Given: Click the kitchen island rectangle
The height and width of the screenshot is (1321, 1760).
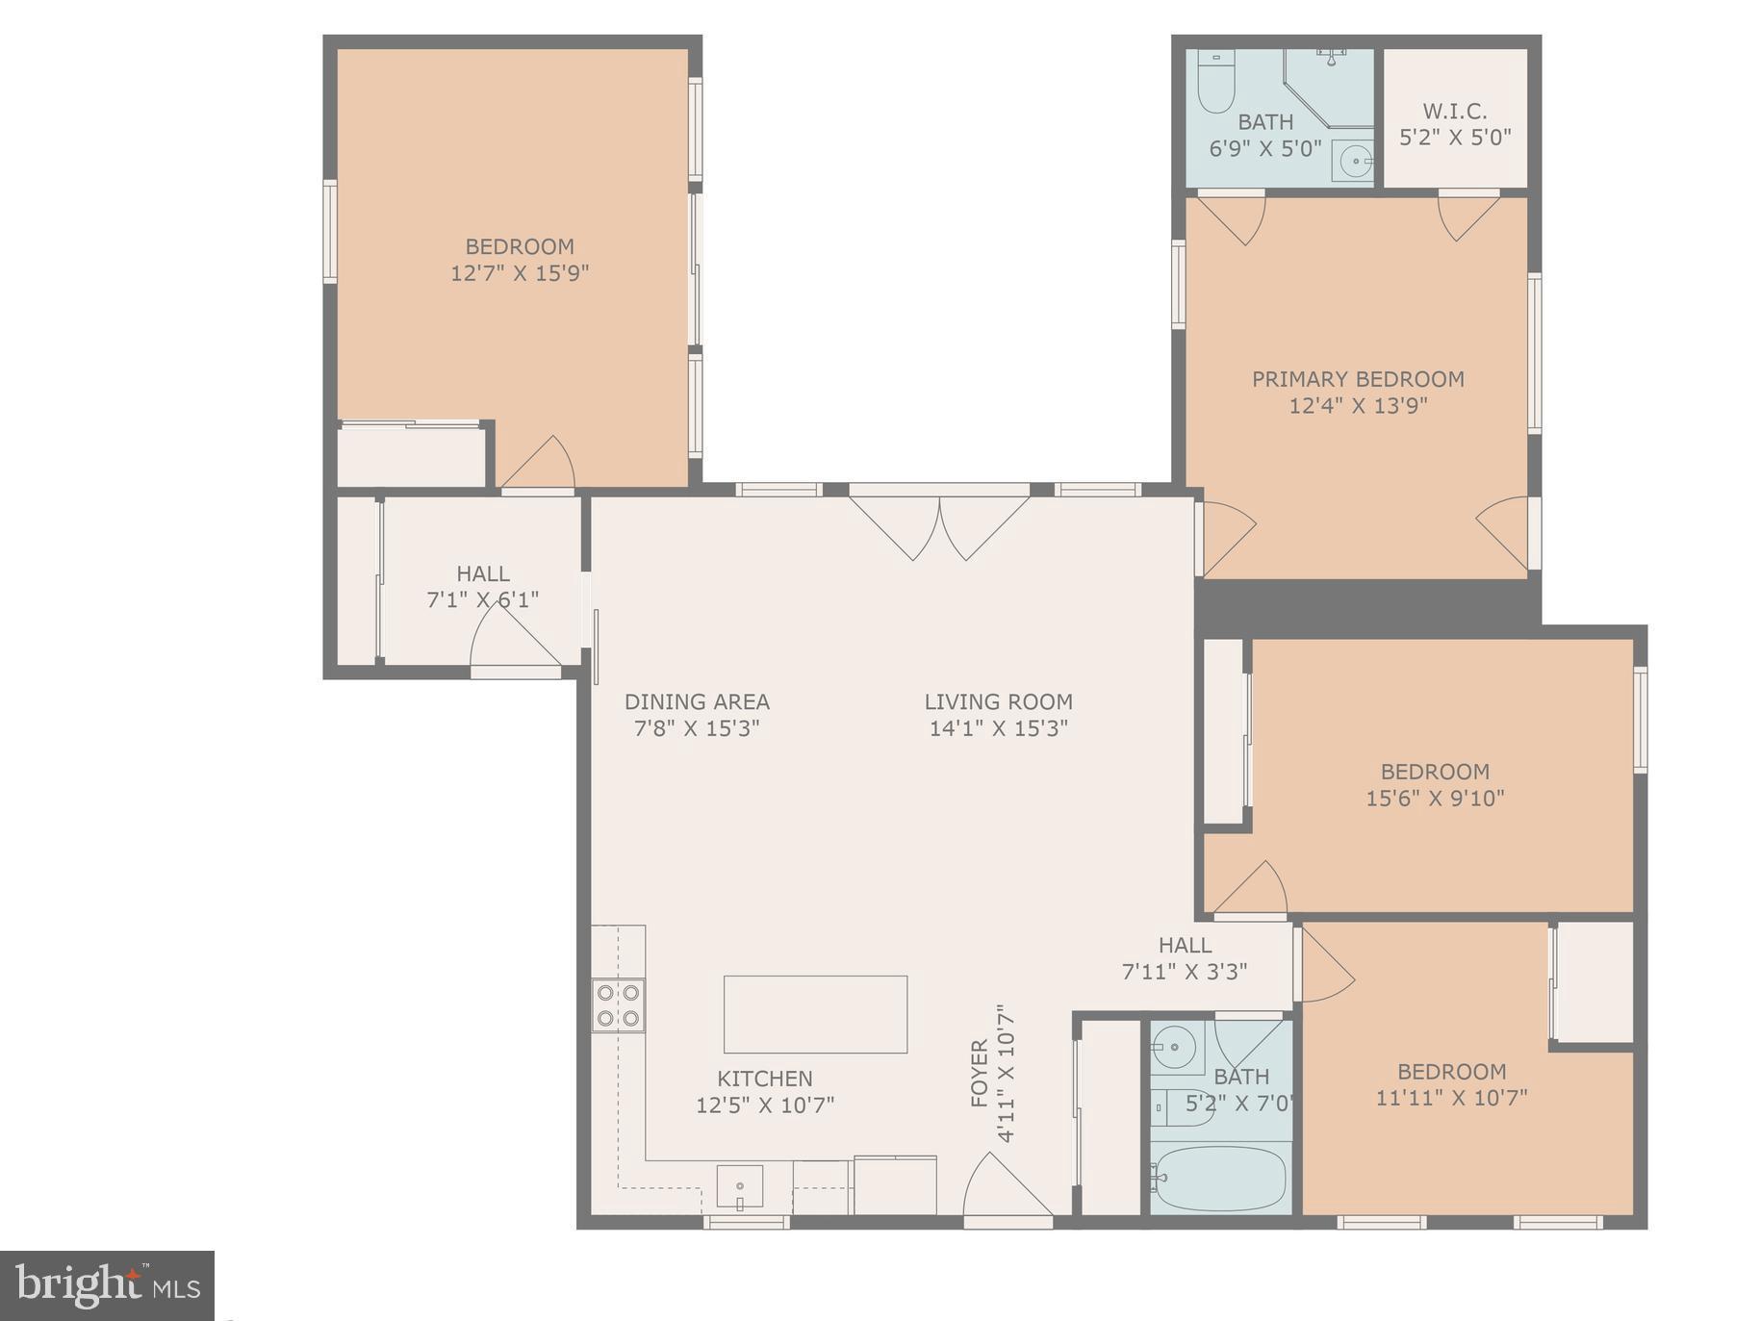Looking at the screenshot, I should (814, 1014).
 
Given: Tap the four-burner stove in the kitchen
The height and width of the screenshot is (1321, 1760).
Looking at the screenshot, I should (618, 1004).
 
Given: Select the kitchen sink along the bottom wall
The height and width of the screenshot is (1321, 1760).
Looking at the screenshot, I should (739, 1185).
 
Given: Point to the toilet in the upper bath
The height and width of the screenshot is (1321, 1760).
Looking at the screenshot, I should (1214, 85).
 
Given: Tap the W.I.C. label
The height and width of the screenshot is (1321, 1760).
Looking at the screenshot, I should (1454, 112).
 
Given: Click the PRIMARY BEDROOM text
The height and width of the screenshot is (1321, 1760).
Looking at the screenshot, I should (1357, 379).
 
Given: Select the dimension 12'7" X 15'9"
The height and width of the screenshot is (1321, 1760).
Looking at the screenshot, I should (520, 273).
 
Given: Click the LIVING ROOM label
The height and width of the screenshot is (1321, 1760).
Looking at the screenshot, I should (998, 702).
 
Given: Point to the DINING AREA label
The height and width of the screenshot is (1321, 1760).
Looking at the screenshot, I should (697, 702).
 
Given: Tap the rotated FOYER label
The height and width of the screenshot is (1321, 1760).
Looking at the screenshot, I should (980, 1073).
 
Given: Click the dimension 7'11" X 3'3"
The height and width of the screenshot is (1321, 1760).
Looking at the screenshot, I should (1184, 972).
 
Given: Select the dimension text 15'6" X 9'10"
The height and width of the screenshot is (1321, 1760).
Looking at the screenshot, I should (1434, 798).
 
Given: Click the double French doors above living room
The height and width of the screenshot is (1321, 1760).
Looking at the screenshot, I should (939, 524).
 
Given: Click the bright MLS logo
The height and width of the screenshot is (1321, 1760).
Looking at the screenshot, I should (107, 1284).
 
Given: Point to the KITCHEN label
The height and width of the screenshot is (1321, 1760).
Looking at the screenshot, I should (764, 1079).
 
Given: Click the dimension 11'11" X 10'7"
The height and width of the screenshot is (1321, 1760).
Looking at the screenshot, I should (1451, 1098).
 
